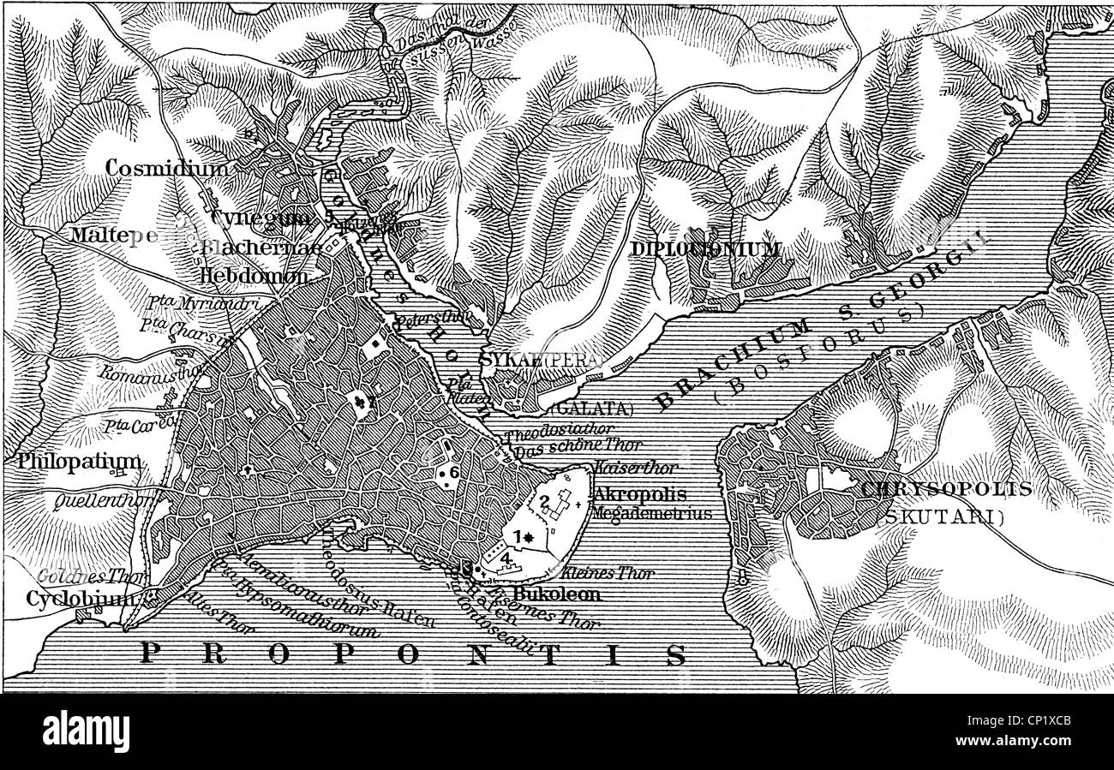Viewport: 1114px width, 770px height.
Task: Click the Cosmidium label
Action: click(x=167, y=169)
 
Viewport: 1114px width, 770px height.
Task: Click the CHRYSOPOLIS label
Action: click(x=947, y=490)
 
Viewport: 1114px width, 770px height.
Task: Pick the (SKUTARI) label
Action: click(x=943, y=516)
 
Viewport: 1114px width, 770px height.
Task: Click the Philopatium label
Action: click(x=76, y=462)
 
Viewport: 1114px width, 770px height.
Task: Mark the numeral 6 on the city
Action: click(x=454, y=472)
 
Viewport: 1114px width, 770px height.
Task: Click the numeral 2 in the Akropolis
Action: click(x=542, y=502)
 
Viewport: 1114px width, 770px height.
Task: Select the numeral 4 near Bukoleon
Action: click(x=506, y=558)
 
